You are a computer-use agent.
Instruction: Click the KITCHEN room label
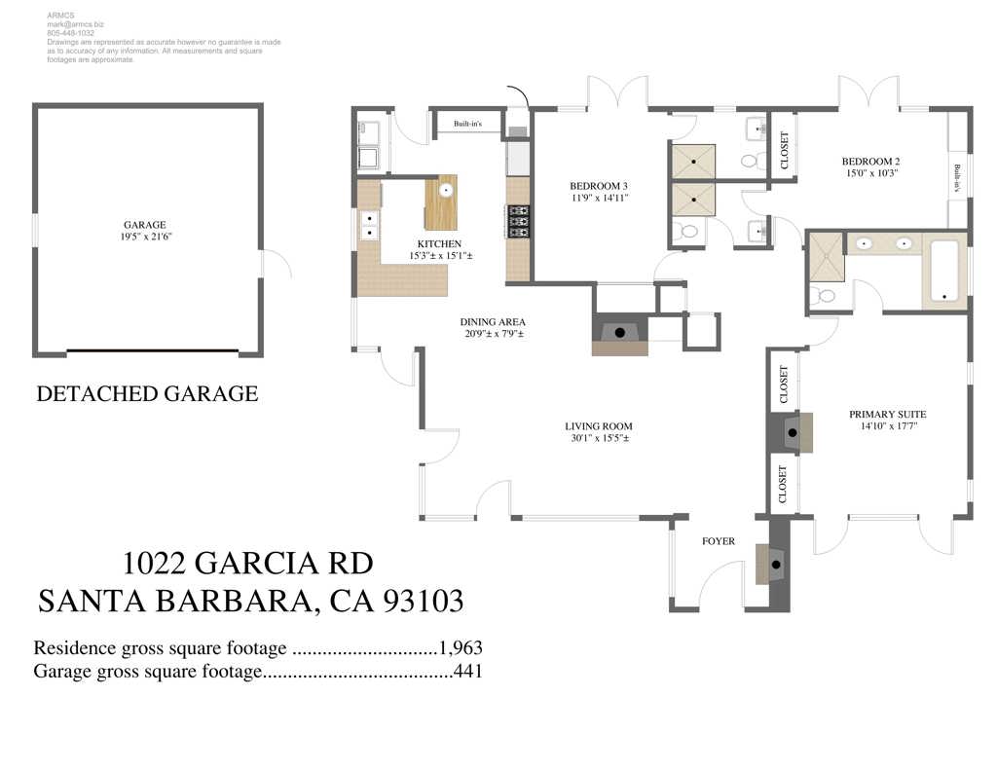[440, 243]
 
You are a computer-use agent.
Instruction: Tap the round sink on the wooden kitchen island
[446, 191]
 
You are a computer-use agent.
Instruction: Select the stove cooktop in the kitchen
[518, 221]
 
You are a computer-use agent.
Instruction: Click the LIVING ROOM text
[599, 425]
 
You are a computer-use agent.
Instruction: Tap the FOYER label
[719, 541]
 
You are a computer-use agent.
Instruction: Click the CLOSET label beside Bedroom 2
[785, 147]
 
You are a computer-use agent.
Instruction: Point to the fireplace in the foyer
[773, 563]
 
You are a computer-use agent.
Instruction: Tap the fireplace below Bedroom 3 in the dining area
[619, 333]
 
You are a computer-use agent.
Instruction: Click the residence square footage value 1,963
[461, 648]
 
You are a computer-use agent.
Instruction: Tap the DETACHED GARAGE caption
[147, 394]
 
